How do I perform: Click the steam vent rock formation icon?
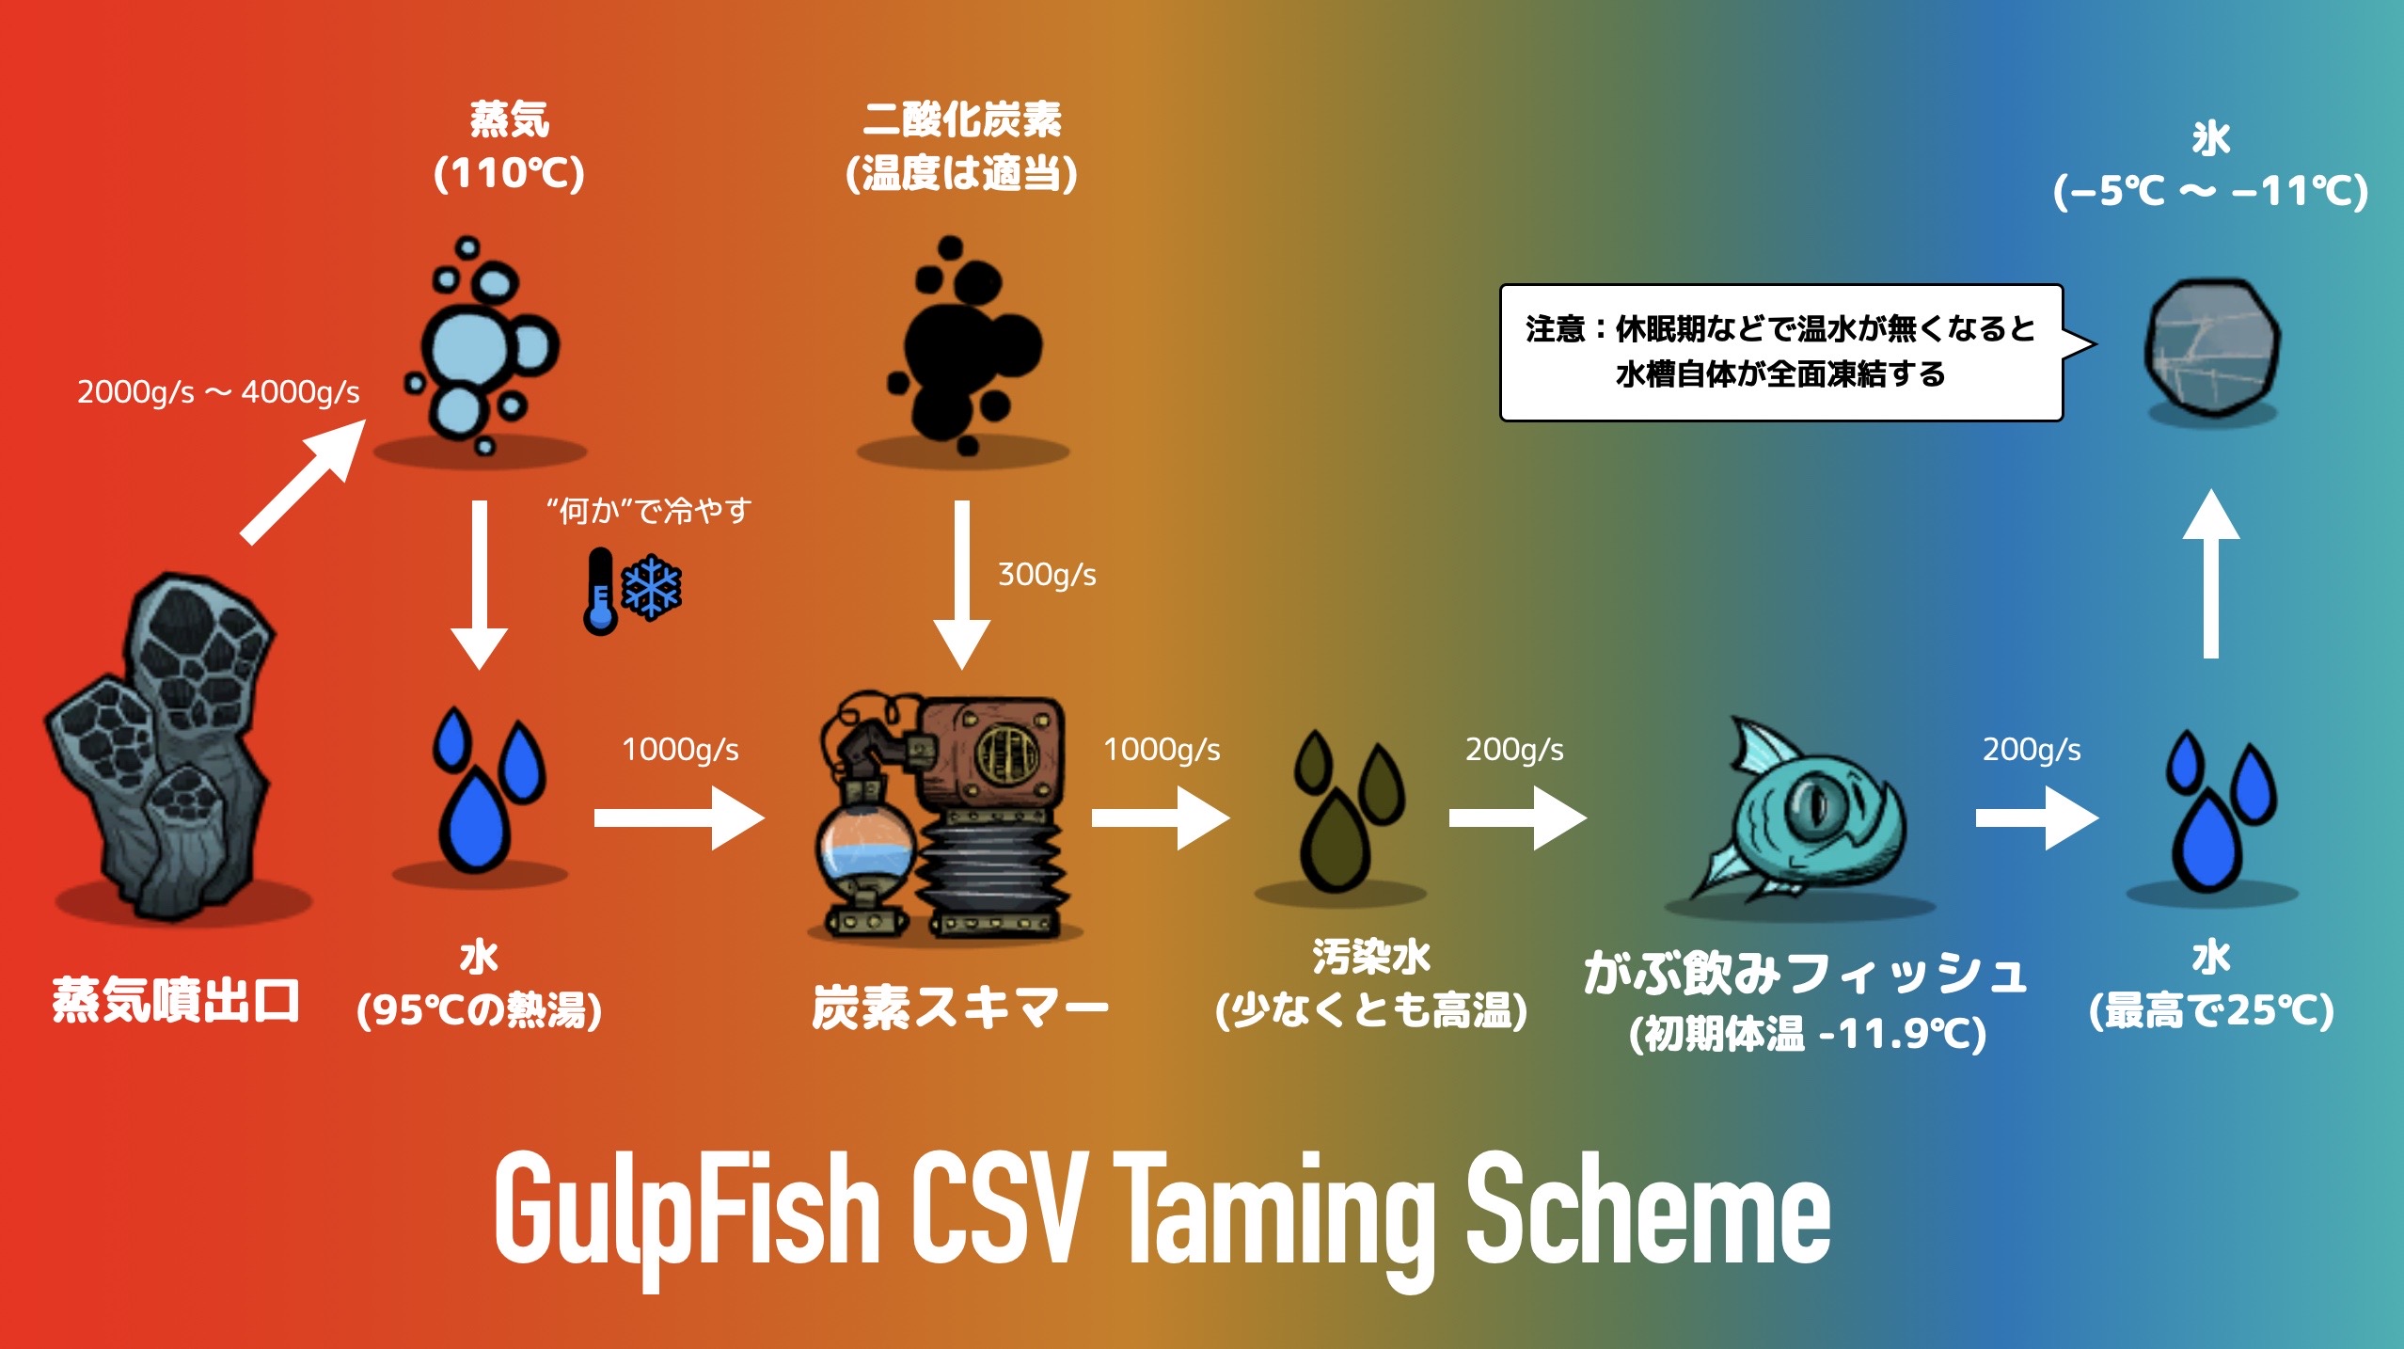point(169,753)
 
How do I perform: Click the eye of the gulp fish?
point(1811,804)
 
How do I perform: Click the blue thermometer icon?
point(599,591)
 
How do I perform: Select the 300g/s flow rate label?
point(1046,574)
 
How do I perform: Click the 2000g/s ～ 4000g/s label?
point(218,391)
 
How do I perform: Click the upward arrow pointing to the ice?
point(2210,574)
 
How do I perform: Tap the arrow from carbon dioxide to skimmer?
point(961,583)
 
